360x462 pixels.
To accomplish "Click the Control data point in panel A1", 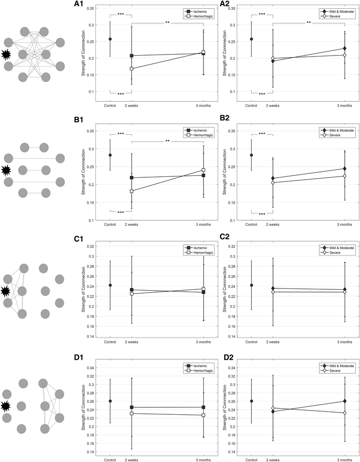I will [x=110, y=39].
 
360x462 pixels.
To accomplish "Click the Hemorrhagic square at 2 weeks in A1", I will [x=132, y=69].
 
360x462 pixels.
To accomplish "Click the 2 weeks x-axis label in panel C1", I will [x=132, y=341].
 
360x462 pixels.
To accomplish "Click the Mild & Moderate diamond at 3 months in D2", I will [x=344, y=401].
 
